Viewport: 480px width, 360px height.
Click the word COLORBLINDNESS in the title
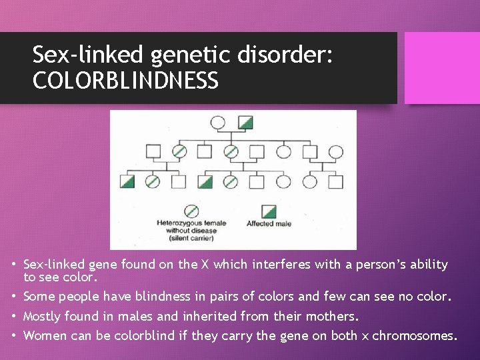click(125, 81)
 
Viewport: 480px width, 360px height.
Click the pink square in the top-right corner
click(441, 67)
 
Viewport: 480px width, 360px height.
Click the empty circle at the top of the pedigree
click(217, 122)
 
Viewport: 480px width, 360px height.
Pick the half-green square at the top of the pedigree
click(246, 122)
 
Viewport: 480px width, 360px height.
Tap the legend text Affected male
click(269, 224)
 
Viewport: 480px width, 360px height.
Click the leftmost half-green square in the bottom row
click(127, 181)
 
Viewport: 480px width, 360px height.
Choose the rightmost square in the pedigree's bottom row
click(335, 181)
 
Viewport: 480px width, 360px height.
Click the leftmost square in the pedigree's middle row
click(153, 151)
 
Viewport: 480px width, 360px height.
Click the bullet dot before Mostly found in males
click(14, 316)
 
